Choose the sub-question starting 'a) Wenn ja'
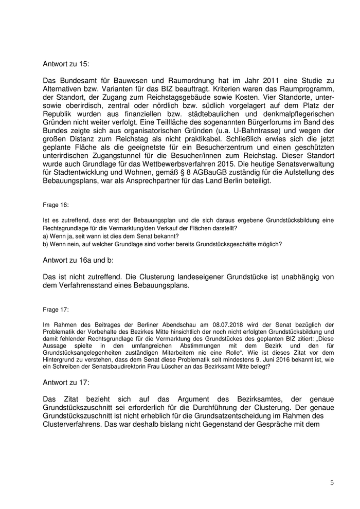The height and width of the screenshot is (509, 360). (111, 236)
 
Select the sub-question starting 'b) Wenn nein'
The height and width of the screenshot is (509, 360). (163, 244)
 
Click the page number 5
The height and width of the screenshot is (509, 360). (332, 482)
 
